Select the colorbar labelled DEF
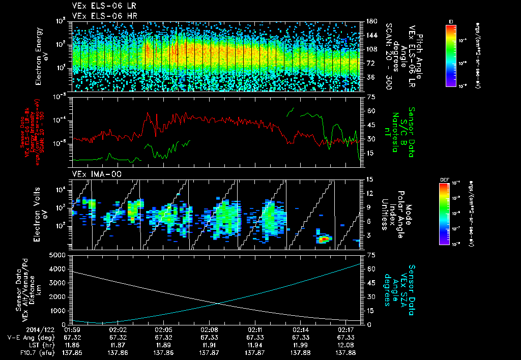444,214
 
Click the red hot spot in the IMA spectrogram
324,238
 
